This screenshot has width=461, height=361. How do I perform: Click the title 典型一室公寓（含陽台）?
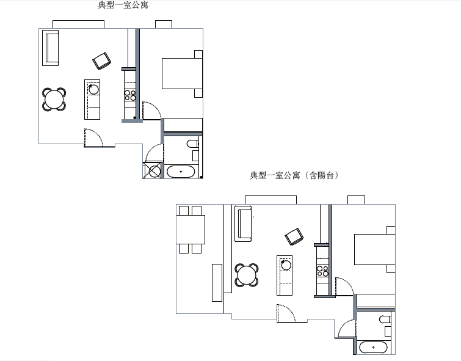[294, 175]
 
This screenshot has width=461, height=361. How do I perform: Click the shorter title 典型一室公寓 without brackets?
[123, 5]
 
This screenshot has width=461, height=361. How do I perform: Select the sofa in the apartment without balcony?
[50, 48]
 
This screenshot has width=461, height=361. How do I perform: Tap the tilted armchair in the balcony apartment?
[294, 236]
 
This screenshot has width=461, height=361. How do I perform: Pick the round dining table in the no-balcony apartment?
[54, 99]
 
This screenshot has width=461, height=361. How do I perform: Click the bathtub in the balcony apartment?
[374, 348]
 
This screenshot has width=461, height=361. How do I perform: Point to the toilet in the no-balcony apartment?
[192, 144]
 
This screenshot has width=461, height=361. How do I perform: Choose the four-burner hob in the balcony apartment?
[322, 271]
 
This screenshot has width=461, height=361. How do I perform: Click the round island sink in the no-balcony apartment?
[93, 89]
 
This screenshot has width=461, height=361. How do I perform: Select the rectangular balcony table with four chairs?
[191, 230]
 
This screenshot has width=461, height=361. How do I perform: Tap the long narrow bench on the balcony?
[217, 283]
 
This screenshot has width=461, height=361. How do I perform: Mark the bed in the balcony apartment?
[374, 249]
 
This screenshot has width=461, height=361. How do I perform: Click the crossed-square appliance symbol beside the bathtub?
[153, 170]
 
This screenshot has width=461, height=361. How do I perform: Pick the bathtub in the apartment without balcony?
[181, 172]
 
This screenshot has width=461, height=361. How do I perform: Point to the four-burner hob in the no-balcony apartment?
[130, 95]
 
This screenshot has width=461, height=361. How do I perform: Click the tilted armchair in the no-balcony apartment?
[102, 61]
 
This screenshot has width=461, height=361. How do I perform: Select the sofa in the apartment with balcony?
[243, 224]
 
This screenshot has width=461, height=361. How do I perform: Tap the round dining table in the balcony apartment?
[247, 275]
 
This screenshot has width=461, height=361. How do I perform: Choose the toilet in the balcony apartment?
[385, 319]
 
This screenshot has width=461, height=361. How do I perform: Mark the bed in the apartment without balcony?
[183, 74]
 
